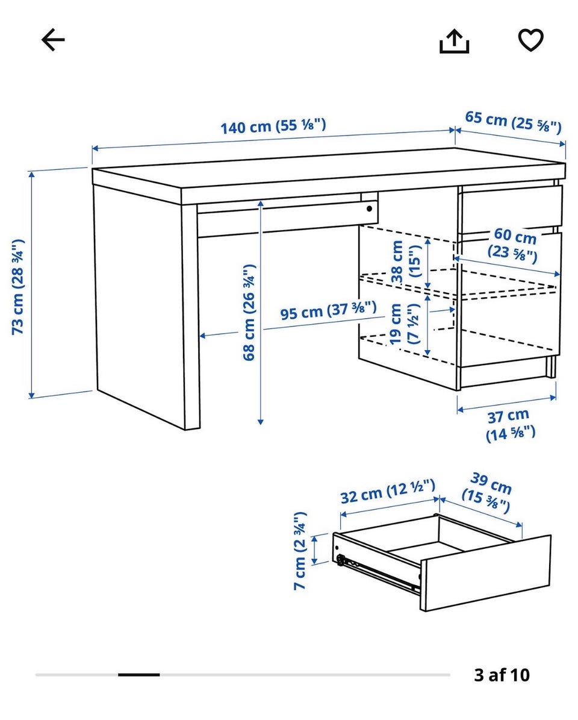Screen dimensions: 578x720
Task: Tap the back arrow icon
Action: tap(53, 40)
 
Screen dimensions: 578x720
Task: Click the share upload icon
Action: tap(454, 41)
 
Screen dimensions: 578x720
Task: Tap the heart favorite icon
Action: tap(531, 40)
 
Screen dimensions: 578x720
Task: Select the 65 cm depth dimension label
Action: tap(514, 121)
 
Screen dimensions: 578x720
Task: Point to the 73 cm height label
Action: tap(17, 287)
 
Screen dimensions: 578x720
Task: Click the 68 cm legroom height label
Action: tap(248, 312)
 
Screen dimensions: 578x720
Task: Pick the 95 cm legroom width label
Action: tap(329, 310)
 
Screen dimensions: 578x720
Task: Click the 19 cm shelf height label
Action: tap(404, 324)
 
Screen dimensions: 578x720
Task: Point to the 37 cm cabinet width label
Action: tap(509, 425)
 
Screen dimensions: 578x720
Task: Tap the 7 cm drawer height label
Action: tap(300, 551)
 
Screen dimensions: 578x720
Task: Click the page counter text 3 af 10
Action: tap(502, 675)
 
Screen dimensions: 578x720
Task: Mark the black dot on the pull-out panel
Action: tap(370, 209)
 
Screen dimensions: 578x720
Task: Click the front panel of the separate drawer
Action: tap(486, 573)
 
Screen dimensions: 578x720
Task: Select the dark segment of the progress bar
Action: tap(139, 675)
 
